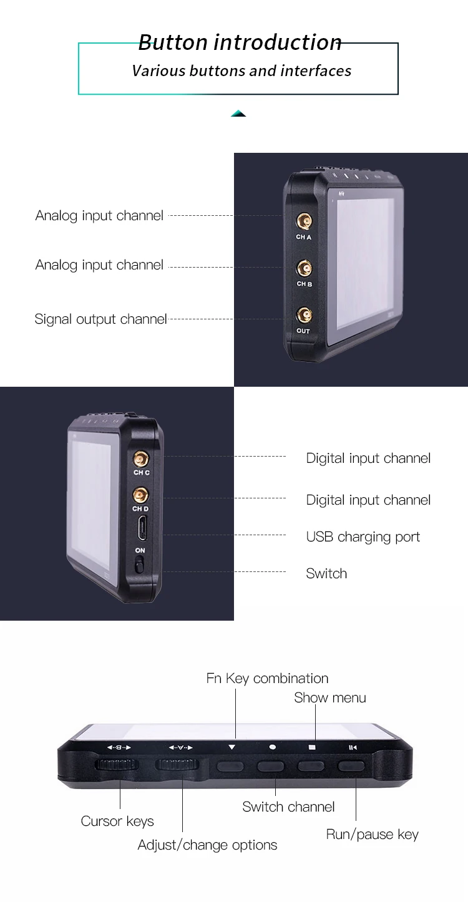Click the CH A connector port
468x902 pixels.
(304, 221)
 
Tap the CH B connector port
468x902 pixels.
(304, 269)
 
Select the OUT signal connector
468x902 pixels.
(303, 315)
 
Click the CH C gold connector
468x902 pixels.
(142, 459)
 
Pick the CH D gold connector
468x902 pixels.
(140, 496)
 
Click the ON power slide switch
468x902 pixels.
(140, 565)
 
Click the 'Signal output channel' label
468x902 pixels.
(101, 319)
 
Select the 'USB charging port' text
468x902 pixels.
(363, 537)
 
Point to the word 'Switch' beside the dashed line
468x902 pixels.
(326, 574)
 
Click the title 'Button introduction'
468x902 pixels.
(240, 42)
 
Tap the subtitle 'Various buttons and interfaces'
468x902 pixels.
(241, 71)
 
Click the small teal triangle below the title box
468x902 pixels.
(238, 114)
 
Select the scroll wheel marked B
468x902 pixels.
(116, 766)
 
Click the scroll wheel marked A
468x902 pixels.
(178, 766)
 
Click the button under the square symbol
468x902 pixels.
(312, 767)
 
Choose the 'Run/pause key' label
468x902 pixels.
(372, 835)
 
